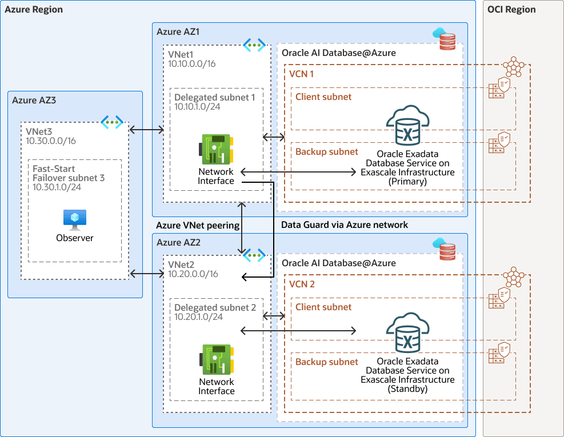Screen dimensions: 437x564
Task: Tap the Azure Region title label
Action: pyautogui.click(x=34, y=10)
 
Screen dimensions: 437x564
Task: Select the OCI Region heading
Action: pyautogui.click(x=511, y=9)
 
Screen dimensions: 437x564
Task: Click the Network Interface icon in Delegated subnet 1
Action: pyautogui.click(x=215, y=150)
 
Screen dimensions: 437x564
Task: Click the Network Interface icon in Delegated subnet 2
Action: pyautogui.click(x=215, y=360)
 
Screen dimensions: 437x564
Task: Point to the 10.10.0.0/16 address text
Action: pyautogui.click(x=192, y=63)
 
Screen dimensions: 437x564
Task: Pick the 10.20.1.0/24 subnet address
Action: pyautogui.click(x=198, y=316)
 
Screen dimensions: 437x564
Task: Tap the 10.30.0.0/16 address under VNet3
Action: pyautogui.click(x=51, y=141)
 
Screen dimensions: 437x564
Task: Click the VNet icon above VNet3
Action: pyautogui.click(x=112, y=122)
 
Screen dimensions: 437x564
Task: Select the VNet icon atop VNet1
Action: pyautogui.click(x=254, y=45)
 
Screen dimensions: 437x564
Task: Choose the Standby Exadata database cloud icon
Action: pyautogui.click(x=408, y=334)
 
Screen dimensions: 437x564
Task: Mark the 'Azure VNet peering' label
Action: pyautogui.click(x=198, y=225)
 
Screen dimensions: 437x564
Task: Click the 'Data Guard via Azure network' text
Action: pyautogui.click(x=345, y=225)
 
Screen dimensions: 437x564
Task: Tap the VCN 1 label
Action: pyautogui.click(x=302, y=74)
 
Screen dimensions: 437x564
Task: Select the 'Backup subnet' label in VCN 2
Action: pyautogui.click(x=326, y=362)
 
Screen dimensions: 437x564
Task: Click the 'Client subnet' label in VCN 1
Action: pyautogui.click(x=323, y=97)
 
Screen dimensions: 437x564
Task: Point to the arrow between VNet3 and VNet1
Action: pyautogui.click(x=147, y=130)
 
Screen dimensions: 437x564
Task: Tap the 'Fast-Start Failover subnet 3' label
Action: pyautogui.click(x=69, y=174)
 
